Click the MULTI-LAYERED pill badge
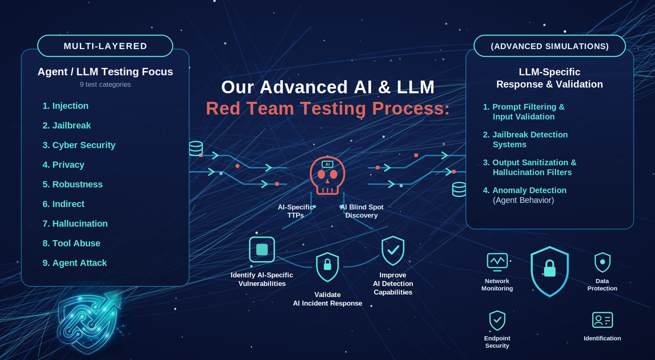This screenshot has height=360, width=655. pos(105,46)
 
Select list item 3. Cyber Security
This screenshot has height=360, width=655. pos(79,145)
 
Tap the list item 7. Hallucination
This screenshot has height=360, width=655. pos(75,223)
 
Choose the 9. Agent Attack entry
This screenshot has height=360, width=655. pos(75,263)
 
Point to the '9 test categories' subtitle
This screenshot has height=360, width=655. pos(105,84)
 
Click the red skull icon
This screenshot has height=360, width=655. pos(327,175)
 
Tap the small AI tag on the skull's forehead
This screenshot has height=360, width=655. pos(327,164)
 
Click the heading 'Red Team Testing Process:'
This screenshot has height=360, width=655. pos(327,108)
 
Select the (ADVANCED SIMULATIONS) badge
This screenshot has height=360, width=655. pos(550,46)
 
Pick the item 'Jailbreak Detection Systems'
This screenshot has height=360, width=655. pos(526,139)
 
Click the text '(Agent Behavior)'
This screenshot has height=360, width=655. pos(524,200)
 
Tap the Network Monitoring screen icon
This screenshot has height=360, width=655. pos(497,261)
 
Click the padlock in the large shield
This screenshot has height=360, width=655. pos(550,268)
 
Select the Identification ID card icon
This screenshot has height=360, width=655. pos(602,320)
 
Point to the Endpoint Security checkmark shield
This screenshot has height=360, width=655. pos(497,320)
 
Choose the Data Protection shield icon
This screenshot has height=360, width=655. pos(602,262)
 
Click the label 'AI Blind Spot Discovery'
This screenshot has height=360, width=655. pos(361,211)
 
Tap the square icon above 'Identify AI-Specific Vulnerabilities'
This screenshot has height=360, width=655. pos(262,250)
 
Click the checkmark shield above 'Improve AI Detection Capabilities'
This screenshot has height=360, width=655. pos(393,251)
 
